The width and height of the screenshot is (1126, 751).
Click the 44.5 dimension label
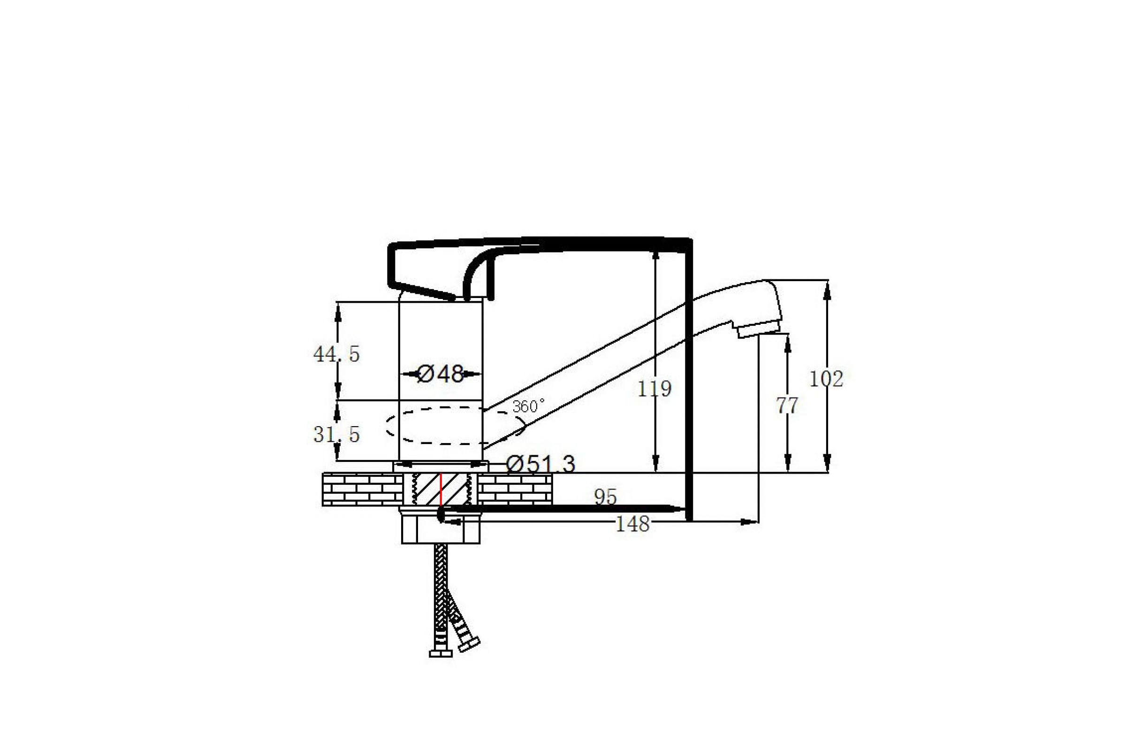tap(336, 354)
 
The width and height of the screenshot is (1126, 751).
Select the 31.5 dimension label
tap(336, 435)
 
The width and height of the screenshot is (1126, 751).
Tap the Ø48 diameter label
tap(441, 374)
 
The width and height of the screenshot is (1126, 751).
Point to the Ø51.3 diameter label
tap(540, 464)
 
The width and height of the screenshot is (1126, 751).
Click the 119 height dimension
tap(654, 389)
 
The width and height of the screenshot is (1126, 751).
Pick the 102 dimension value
tap(826, 379)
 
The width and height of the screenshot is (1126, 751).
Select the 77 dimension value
tap(787, 406)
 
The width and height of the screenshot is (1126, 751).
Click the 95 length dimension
tap(605, 497)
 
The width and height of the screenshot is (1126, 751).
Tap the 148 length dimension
tap(632, 524)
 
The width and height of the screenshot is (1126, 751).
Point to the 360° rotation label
tap(529, 406)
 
